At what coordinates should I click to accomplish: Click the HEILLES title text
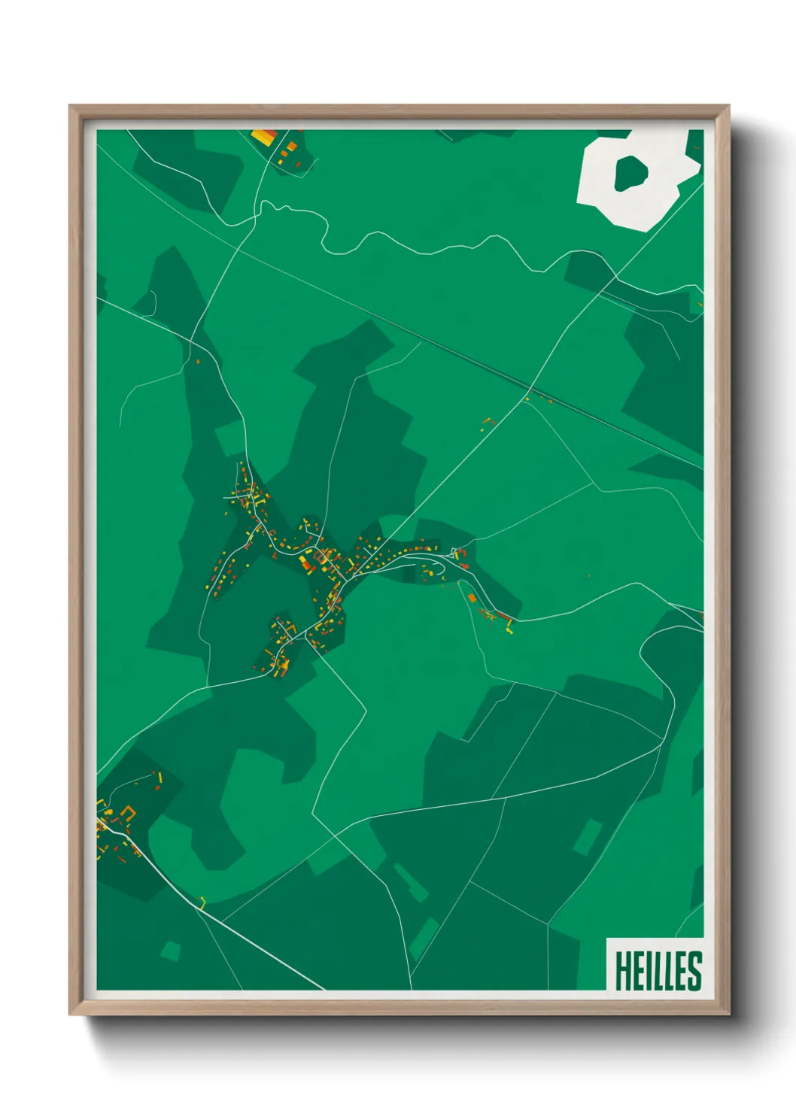click(658, 971)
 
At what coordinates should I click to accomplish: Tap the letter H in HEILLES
click(624, 971)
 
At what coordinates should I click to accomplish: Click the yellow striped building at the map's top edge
click(264, 137)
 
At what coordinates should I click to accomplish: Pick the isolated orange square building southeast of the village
click(472, 598)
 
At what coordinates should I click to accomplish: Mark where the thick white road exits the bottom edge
click(324, 989)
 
